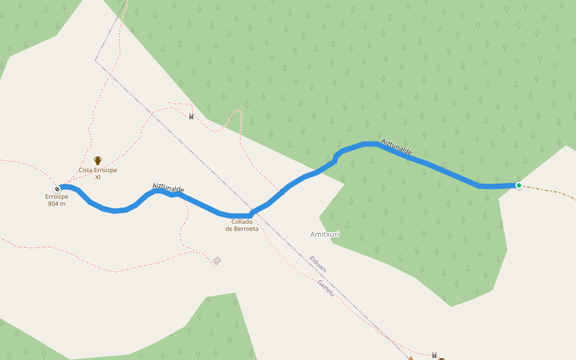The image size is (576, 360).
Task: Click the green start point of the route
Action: (x=518, y=185)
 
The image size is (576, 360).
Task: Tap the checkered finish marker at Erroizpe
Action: (x=57, y=189)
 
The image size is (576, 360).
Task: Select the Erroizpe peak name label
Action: (x=56, y=196)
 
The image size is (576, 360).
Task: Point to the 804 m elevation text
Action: (x=56, y=204)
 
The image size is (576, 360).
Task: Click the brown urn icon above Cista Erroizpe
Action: (x=98, y=161)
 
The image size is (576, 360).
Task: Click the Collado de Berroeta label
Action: (x=242, y=225)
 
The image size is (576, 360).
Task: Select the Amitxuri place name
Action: (x=325, y=234)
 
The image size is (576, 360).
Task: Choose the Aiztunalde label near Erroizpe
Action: (x=168, y=188)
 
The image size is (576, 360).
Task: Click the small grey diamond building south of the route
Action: (x=217, y=260)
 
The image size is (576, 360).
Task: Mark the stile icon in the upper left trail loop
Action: (x=191, y=116)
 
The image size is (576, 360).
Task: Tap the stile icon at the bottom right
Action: (x=434, y=355)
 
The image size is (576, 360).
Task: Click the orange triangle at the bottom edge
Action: (x=411, y=358)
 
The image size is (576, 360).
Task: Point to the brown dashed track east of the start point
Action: (x=552, y=191)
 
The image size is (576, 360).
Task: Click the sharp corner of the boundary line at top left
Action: (x=95, y=60)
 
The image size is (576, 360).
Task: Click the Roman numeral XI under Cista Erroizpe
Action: (x=98, y=177)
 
